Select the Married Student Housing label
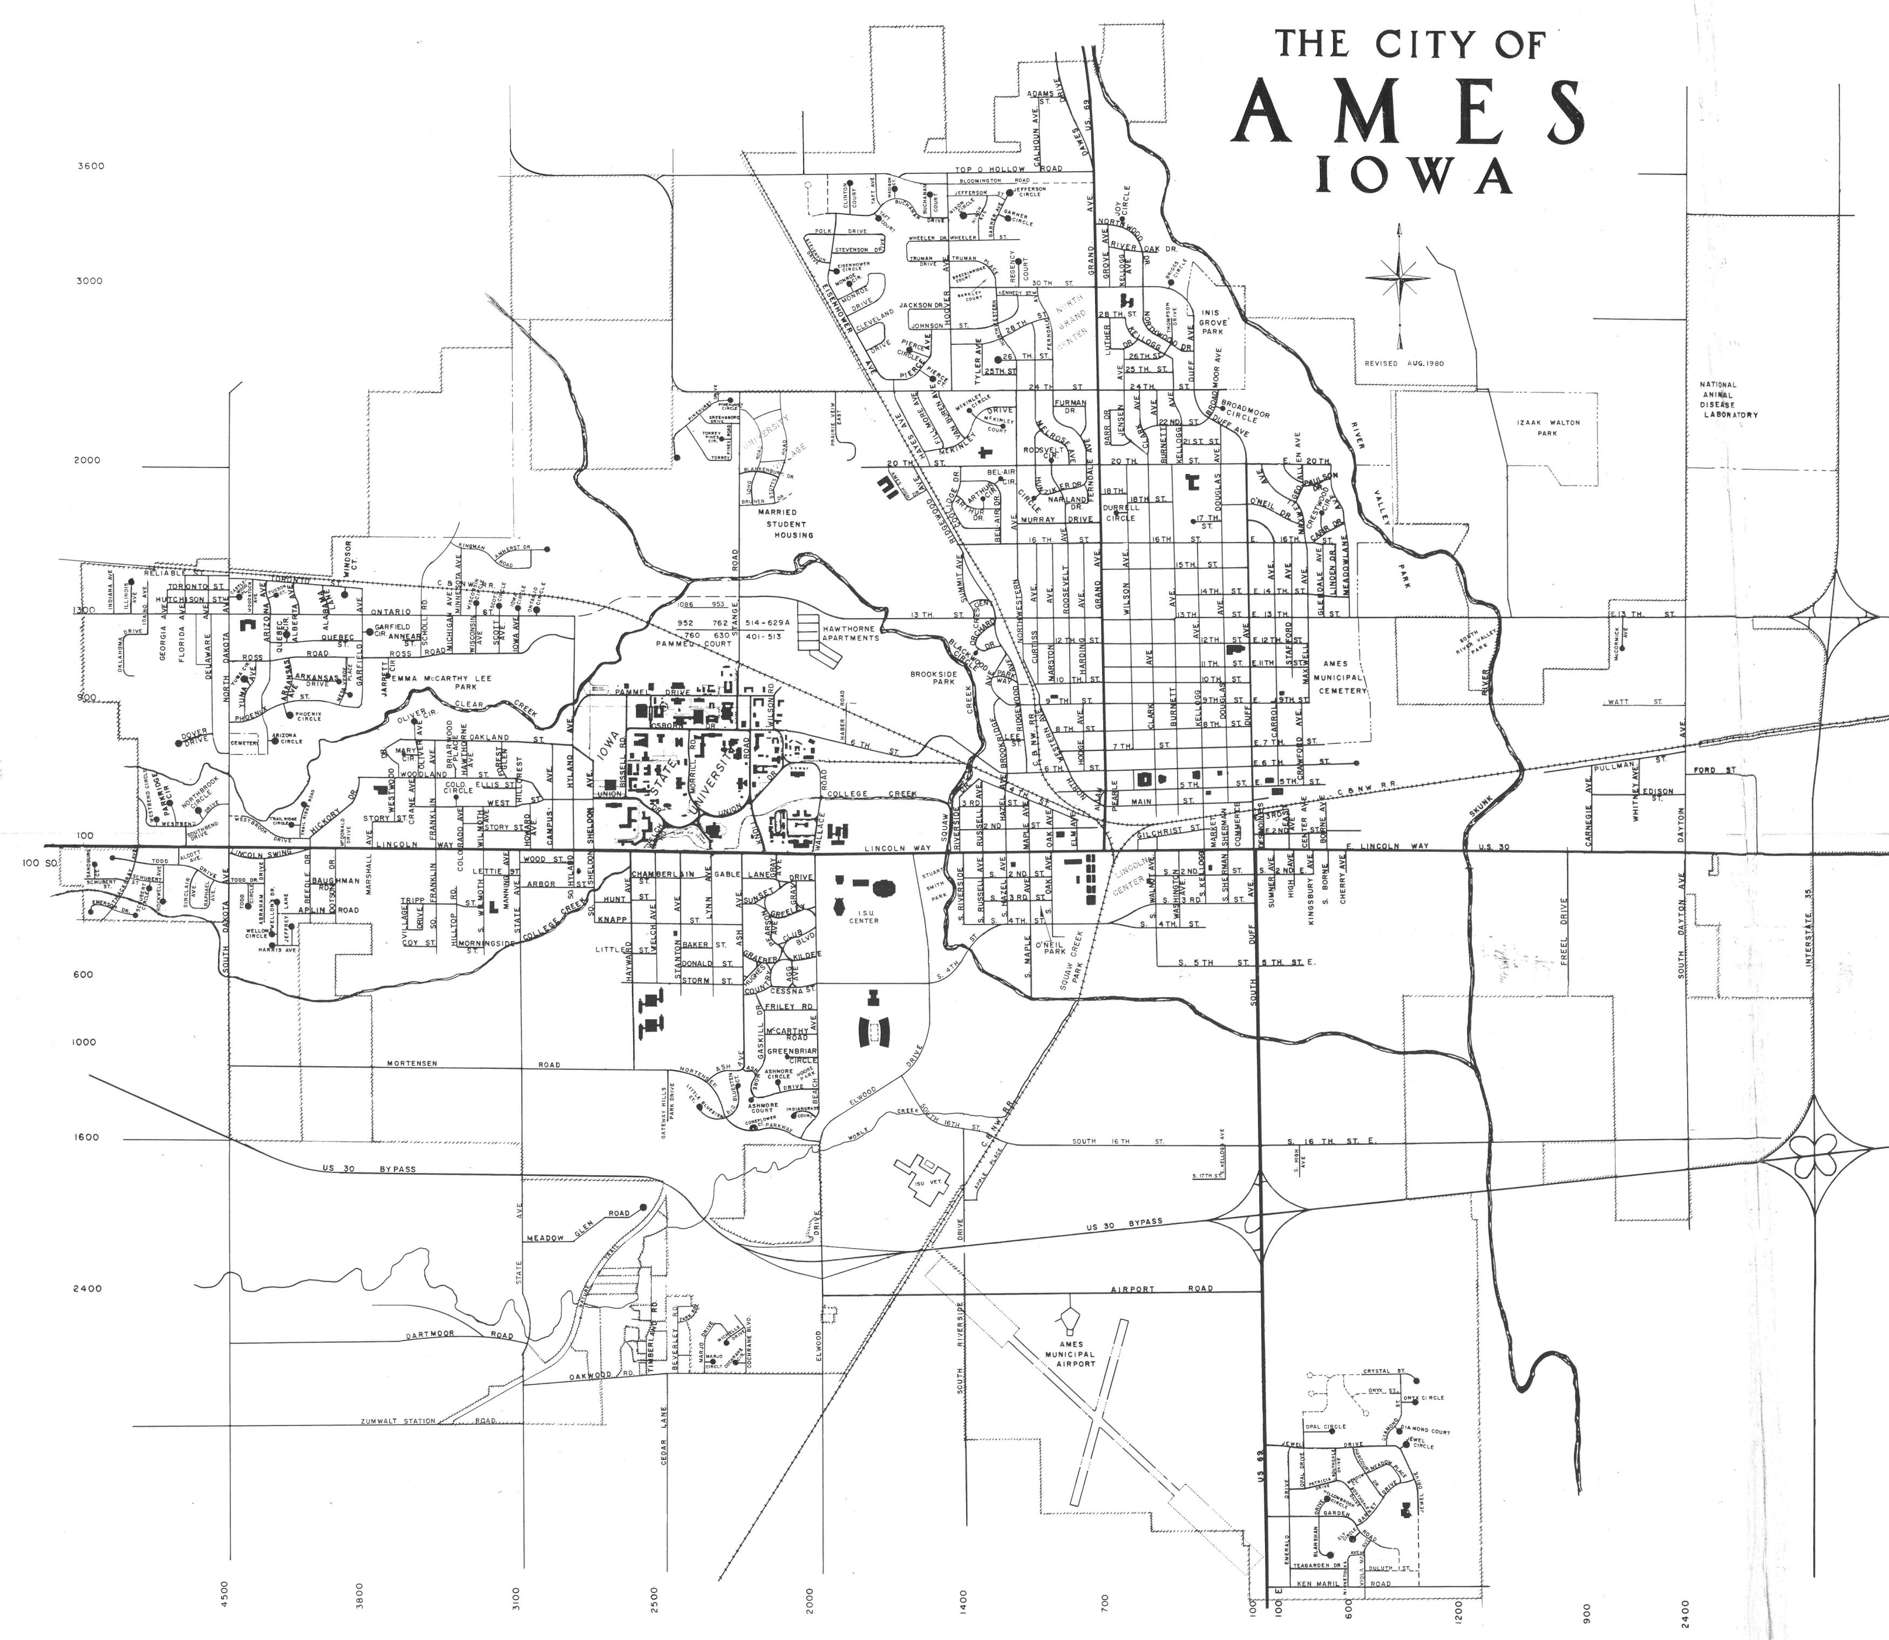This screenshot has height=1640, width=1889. pyautogui.click(x=790, y=524)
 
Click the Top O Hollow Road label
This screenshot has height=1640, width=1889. pyautogui.click(x=1009, y=170)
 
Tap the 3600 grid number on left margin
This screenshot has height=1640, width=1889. pyautogui.click(x=91, y=167)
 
